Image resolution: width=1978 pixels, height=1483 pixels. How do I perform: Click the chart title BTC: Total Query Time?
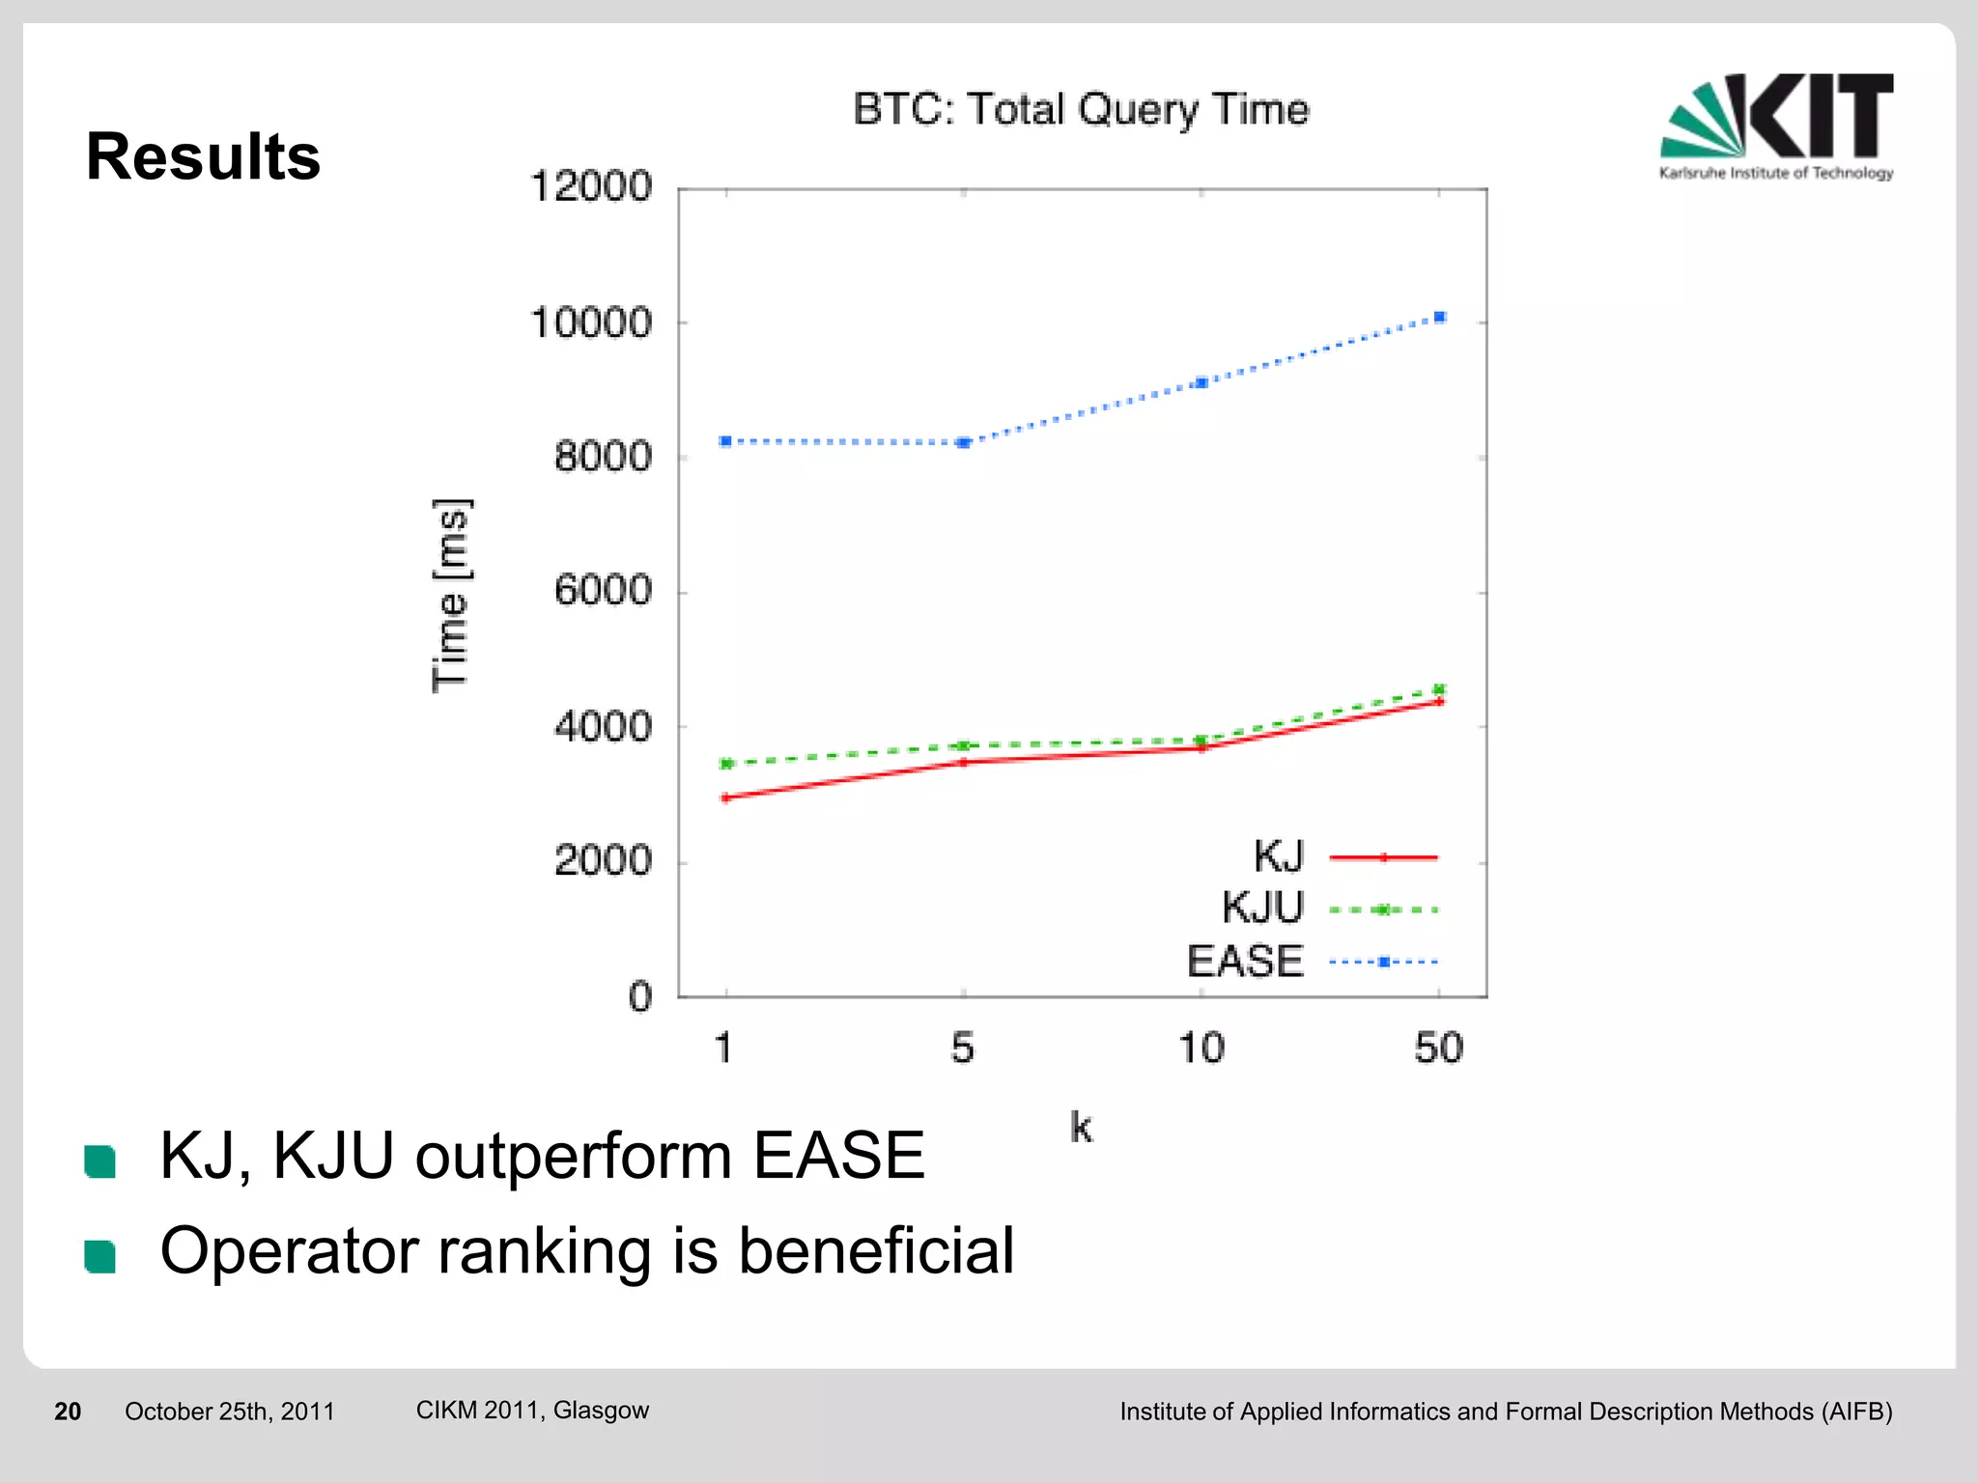pyautogui.click(x=1080, y=109)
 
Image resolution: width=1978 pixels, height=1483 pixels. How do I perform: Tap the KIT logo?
pyautogui.click(x=1776, y=126)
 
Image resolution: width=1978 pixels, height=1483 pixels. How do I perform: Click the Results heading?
pyautogui.click(x=203, y=156)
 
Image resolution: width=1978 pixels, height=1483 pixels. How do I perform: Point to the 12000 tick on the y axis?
pyautogui.click(x=591, y=186)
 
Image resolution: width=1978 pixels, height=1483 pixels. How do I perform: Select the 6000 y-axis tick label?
pyautogui.click(x=603, y=590)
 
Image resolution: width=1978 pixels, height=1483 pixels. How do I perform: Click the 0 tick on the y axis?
pyautogui.click(x=640, y=996)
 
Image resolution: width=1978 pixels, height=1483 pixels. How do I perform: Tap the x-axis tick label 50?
pyautogui.click(x=1438, y=1048)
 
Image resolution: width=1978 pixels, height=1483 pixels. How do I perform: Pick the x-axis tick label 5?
pyautogui.click(x=962, y=1048)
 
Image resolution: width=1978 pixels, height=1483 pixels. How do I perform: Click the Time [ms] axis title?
pyautogui.click(x=451, y=595)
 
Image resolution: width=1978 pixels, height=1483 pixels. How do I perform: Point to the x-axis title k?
pyautogui.click(x=1081, y=1127)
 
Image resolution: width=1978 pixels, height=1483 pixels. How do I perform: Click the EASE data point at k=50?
pyautogui.click(x=1439, y=317)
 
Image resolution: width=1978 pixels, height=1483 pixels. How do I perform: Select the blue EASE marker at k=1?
pyautogui.click(x=725, y=441)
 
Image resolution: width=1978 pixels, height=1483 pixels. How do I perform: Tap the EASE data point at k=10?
pyautogui.click(x=1201, y=382)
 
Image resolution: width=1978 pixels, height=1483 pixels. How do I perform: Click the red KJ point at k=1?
pyautogui.click(x=725, y=797)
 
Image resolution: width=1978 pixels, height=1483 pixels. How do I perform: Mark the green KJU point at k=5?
pyautogui.click(x=963, y=745)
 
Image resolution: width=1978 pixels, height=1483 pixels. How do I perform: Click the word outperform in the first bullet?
pyautogui.click(x=574, y=1156)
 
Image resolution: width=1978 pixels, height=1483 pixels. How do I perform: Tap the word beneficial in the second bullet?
pyautogui.click(x=875, y=1251)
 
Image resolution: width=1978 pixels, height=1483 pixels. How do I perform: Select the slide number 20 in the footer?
pyautogui.click(x=68, y=1412)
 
